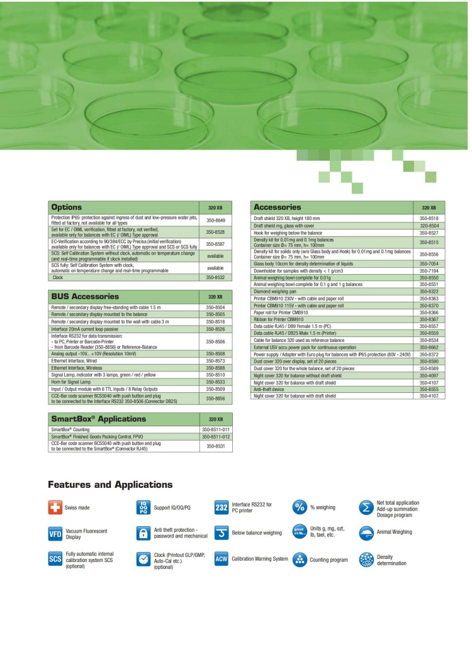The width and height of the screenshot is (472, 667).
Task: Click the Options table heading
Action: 67,207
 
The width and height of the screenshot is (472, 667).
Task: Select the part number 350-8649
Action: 216,221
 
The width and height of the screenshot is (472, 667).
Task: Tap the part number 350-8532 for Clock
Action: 216,277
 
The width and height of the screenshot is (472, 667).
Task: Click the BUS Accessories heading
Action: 86,296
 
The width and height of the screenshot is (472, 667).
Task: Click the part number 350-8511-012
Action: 215,436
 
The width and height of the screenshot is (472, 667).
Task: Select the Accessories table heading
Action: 277,207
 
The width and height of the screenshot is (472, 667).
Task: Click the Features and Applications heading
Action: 110,485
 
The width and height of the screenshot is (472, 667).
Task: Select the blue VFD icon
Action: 55,534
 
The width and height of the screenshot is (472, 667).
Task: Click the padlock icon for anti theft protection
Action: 143,533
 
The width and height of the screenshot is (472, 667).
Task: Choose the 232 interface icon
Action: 222,508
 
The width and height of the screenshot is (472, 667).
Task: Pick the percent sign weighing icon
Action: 300,507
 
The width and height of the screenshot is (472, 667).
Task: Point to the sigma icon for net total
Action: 366,507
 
